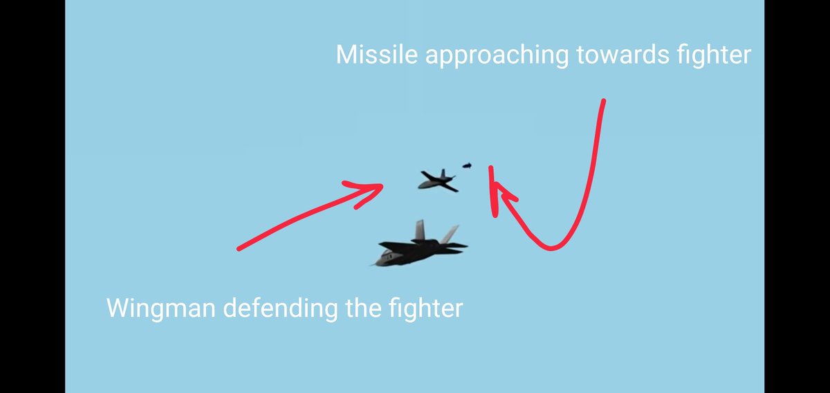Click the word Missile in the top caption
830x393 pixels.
click(377, 55)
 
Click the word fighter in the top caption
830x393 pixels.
click(710, 55)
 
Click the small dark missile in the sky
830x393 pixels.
click(467, 165)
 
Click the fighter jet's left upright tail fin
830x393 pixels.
click(419, 230)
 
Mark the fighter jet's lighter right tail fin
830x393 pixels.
click(450, 234)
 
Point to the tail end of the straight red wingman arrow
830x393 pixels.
click(239, 248)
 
